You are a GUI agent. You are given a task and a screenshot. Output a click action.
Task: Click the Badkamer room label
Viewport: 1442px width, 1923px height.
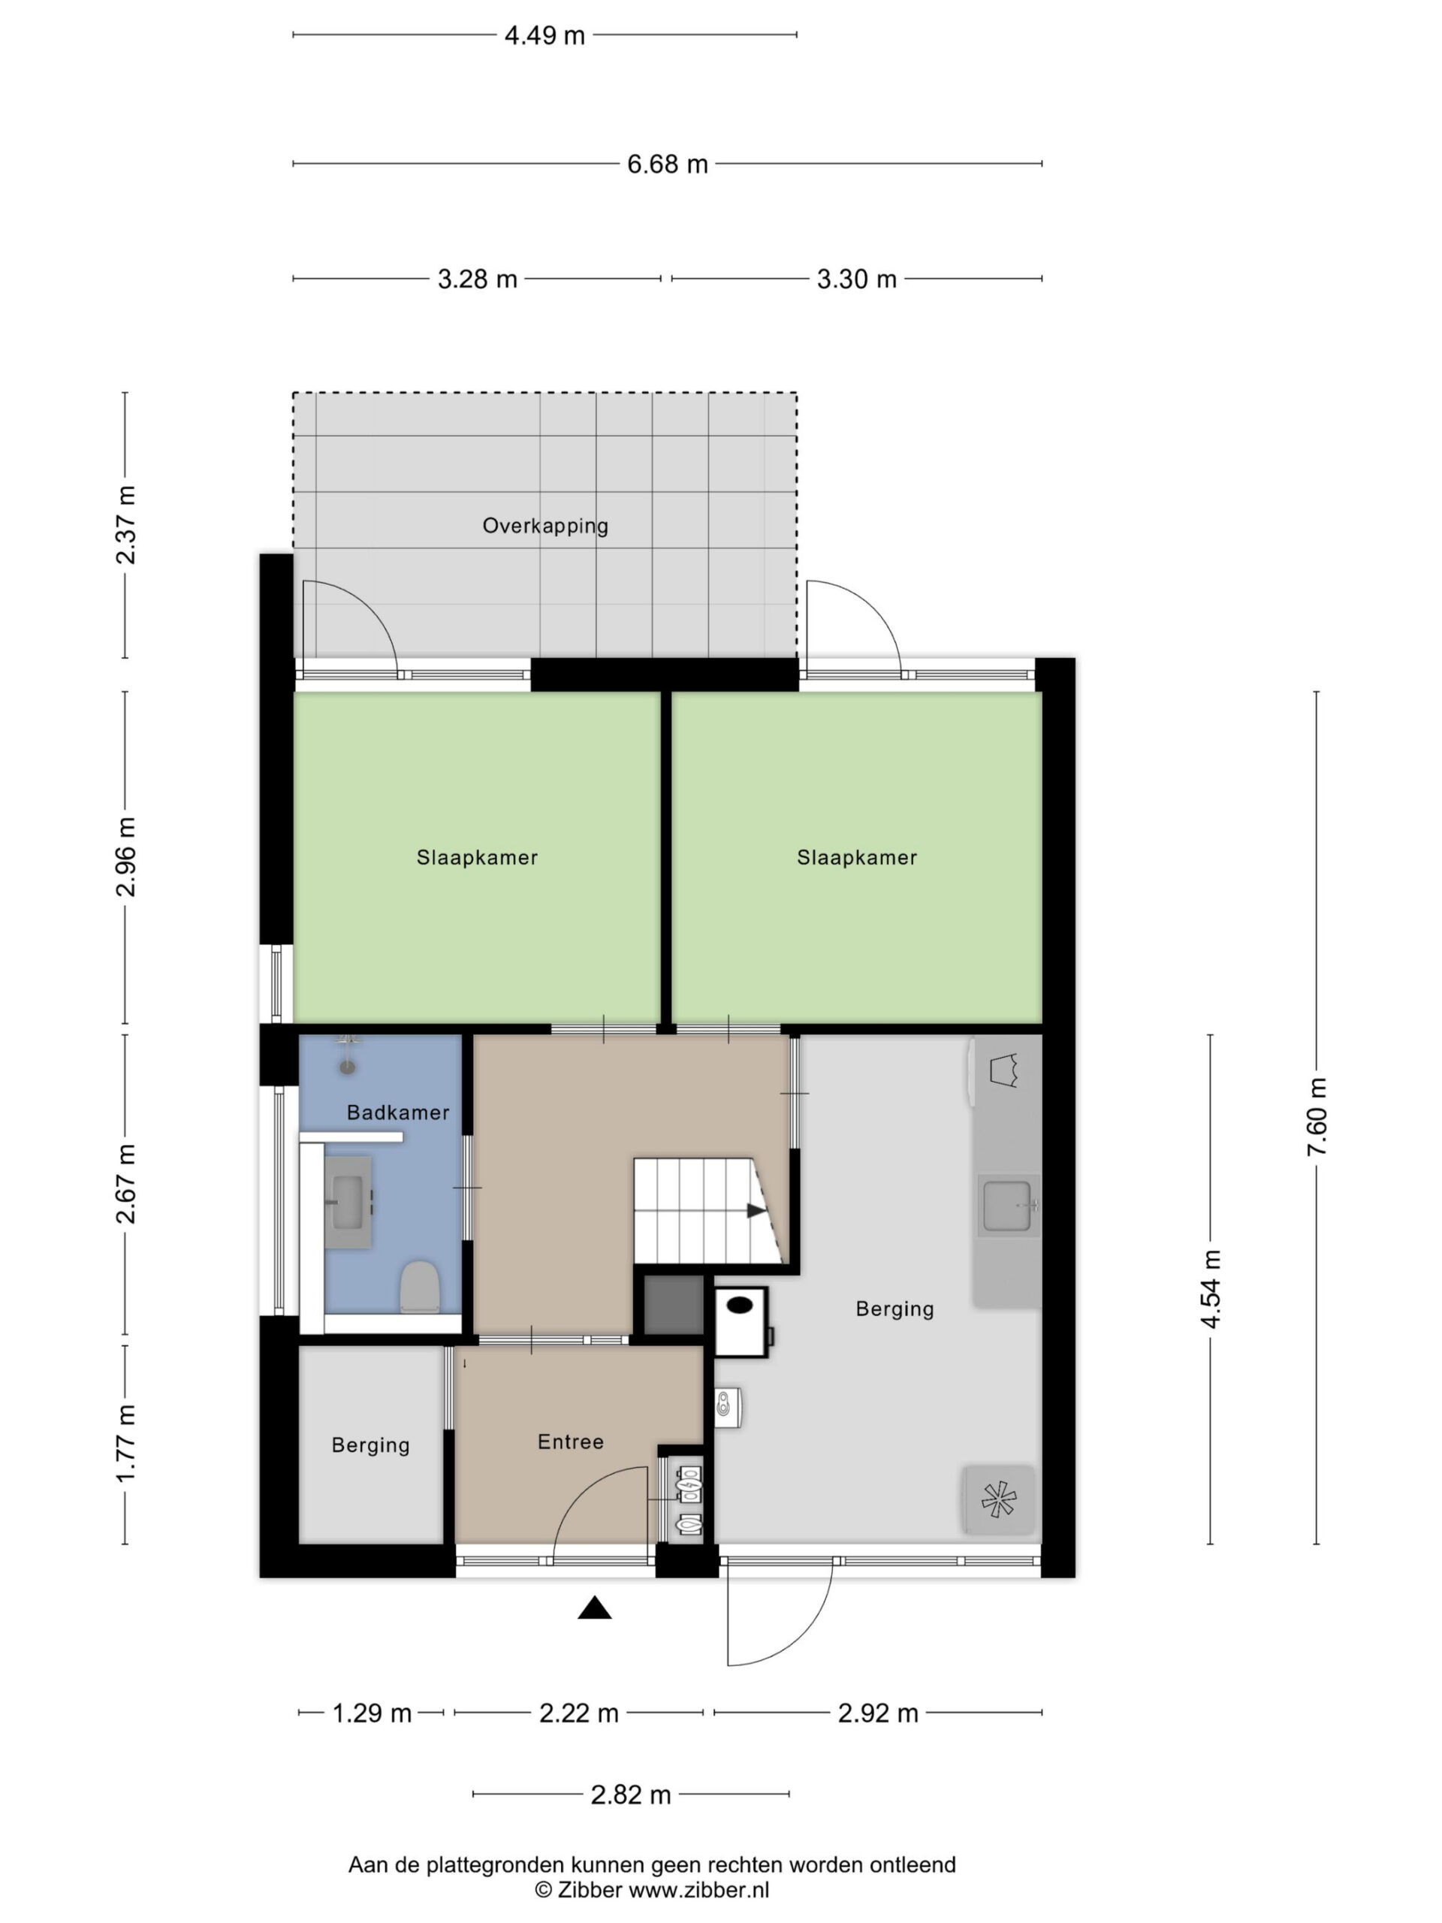tap(397, 1112)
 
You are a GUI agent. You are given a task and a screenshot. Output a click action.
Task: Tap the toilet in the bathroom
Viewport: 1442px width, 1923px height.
tap(419, 1287)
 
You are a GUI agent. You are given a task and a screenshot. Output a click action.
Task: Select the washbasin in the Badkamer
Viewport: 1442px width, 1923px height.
tap(348, 1203)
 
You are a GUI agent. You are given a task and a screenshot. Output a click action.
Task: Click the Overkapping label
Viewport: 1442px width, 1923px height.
tap(545, 525)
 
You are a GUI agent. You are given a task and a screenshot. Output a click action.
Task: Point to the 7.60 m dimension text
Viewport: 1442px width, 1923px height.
tap(1316, 1116)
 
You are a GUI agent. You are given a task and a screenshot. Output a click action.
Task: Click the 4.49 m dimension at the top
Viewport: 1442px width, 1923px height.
tap(544, 35)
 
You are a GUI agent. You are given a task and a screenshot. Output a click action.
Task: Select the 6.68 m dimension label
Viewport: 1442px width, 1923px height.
tap(668, 164)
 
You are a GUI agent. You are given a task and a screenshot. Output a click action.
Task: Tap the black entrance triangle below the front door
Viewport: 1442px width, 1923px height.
tap(595, 1608)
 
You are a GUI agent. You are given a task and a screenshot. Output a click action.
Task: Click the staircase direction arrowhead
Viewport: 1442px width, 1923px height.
tap(756, 1210)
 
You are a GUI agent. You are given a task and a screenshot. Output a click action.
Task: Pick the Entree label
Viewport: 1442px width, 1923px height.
tap(570, 1442)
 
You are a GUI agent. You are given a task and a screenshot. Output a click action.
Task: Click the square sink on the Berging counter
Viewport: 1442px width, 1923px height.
tap(1008, 1206)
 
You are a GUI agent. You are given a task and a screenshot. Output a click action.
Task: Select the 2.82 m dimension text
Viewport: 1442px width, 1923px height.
tap(631, 1795)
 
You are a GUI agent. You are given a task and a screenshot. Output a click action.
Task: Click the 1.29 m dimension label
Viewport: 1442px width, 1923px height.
tap(372, 1713)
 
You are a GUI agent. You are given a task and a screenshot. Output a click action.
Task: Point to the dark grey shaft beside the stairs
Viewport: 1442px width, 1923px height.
tap(674, 1305)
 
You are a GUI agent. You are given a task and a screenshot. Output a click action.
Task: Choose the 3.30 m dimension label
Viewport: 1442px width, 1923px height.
tap(856, 279)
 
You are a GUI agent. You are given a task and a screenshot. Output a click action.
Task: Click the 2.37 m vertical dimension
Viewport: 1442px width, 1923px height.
tap(126, 524)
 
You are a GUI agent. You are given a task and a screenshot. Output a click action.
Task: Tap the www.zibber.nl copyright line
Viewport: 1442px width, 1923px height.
tap(652, 1889)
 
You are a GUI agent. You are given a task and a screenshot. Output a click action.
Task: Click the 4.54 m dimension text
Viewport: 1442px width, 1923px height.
tap(1210, 1289)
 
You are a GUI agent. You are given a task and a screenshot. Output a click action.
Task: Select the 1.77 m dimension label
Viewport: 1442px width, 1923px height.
tap(126, 1444)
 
